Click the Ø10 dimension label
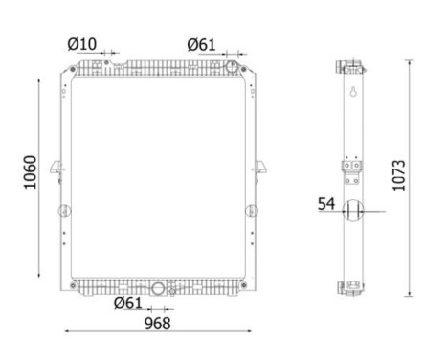point(81,43)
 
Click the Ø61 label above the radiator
point(201,43)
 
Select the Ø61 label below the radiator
point(128,304)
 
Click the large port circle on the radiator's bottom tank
point(158,288)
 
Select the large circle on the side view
point(353,212)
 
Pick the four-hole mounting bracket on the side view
point(353,171)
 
